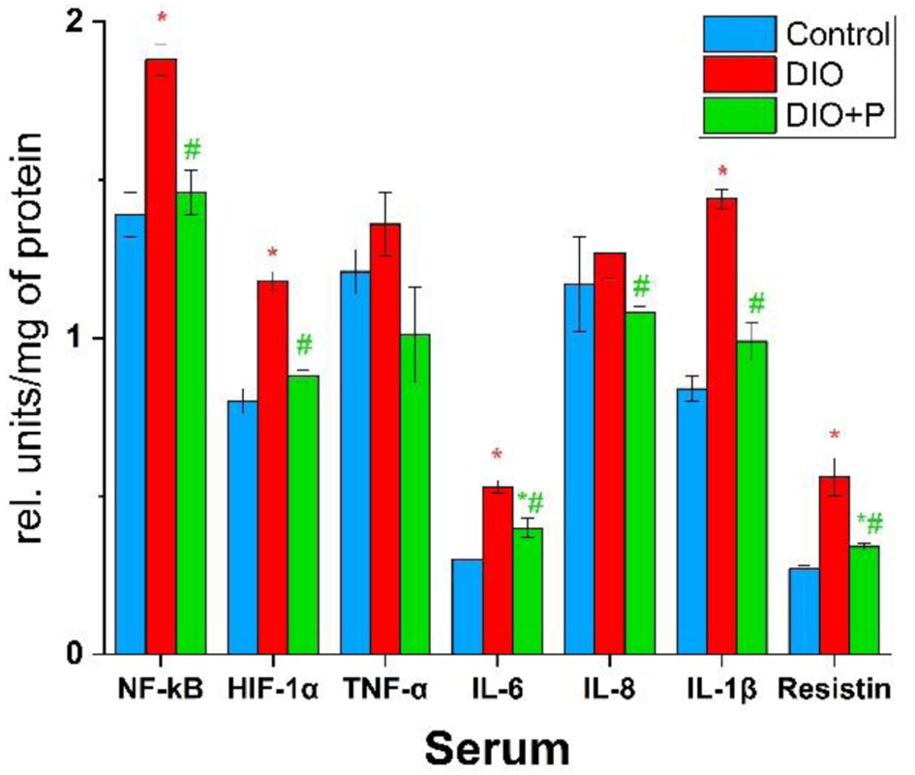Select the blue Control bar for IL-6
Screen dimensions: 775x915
[468, 607]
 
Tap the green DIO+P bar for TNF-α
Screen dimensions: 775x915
[414, 493]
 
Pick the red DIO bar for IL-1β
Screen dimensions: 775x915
[721, 426]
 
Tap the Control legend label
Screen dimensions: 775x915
[838, 35]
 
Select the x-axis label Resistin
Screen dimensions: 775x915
[834, 690]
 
